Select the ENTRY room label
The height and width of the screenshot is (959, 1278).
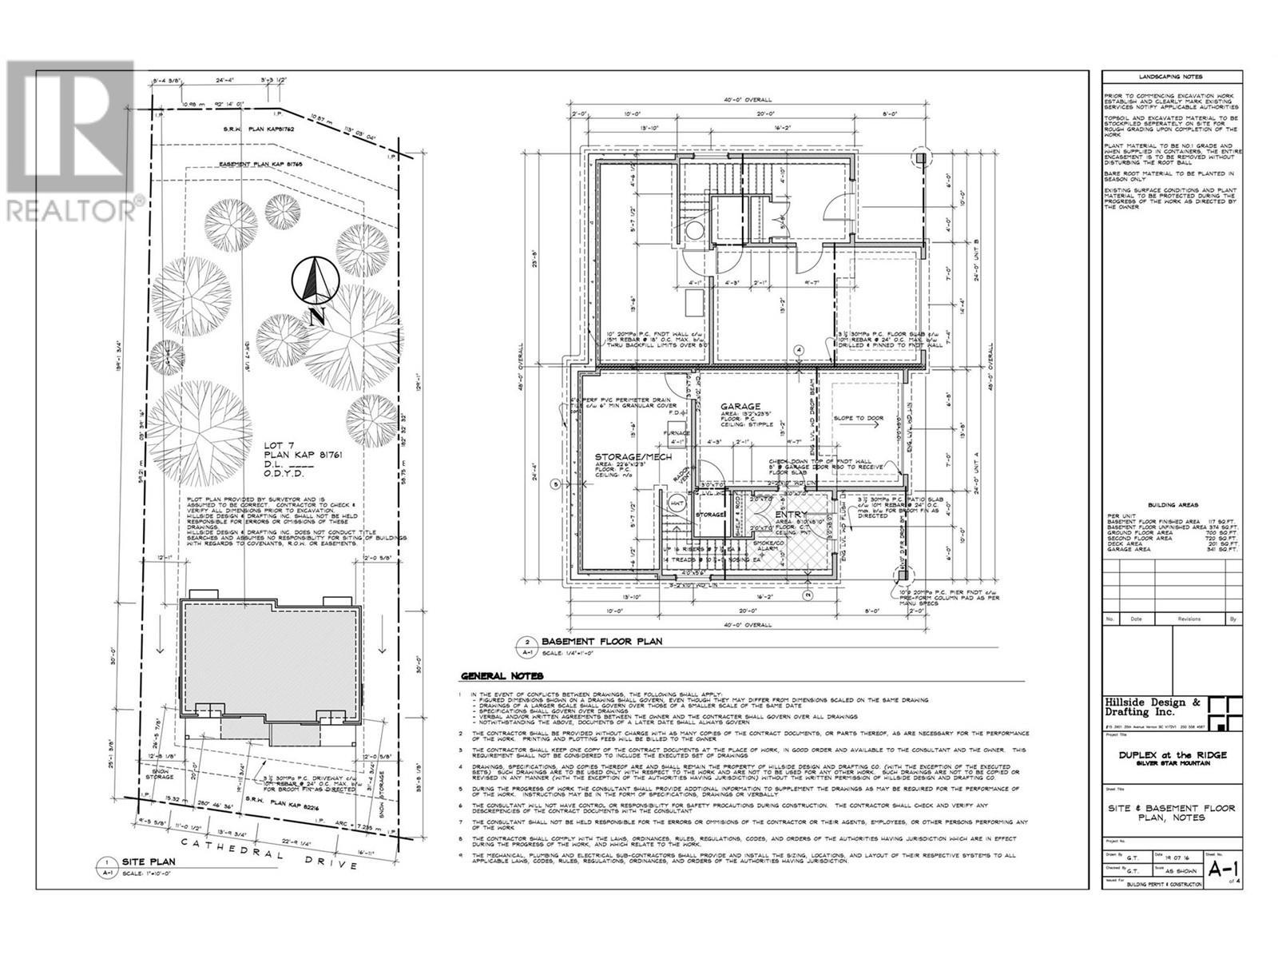[791, 515]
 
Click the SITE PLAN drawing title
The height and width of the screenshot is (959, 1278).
[148, 862]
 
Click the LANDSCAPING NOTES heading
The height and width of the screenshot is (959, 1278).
[1171, 76]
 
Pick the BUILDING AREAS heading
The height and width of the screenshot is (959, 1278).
[1171, 506]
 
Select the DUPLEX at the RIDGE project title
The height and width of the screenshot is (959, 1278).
[1171, 754]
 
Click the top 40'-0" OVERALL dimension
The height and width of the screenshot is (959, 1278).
[750, 100]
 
